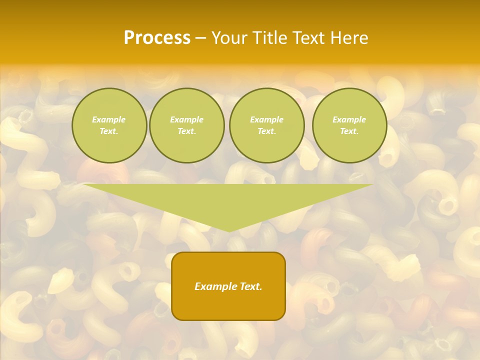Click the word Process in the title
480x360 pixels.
(157, 38)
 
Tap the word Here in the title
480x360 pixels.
(348, 38)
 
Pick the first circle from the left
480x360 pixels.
(109, 125)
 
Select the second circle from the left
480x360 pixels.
(186, 125)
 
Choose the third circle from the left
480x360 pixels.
(266, 125)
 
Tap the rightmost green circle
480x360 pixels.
(349, 125)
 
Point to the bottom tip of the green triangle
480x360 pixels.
(229, 231)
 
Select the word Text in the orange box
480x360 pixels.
(250, 286)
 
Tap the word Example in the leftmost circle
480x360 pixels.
(109, 119)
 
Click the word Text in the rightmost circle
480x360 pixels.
(349, 131)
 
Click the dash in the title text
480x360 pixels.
(200, 38)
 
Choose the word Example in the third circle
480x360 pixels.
(266, 119)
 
